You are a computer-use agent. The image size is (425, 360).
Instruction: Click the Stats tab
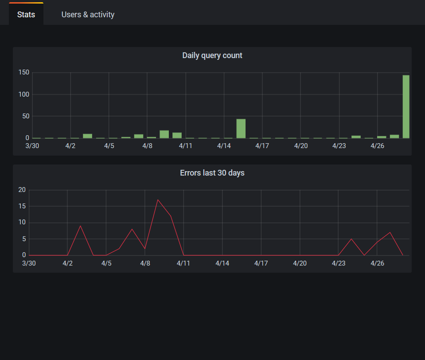[26, 15]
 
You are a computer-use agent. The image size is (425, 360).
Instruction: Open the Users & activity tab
[88, 15]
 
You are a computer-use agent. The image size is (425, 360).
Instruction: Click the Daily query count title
[212, 55]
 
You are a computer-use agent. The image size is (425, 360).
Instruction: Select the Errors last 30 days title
[212, 173]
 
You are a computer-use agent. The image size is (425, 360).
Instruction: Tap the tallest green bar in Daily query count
[406, 107]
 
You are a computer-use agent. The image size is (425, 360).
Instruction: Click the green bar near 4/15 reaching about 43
[241, 129]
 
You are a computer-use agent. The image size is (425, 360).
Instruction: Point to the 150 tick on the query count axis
[23, 73]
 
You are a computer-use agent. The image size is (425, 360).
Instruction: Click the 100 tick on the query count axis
[23, 94]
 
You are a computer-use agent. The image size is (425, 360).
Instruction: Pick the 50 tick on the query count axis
[25, 116]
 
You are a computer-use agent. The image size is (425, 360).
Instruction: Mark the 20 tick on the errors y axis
[22, 190]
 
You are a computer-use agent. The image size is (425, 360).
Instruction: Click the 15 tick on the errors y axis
[22, 207]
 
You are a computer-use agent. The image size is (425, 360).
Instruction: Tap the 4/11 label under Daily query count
[186, 145]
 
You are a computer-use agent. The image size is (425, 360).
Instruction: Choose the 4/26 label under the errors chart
[377, 263]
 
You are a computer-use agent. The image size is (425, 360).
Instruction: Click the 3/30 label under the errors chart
[29, 263]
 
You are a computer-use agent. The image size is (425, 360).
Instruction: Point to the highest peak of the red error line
[158, 200]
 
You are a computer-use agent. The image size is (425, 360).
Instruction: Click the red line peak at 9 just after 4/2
[80, 226]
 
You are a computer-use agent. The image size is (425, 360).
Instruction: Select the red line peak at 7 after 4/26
[390, 232]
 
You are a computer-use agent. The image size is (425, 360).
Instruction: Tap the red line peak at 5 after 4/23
[351, 239]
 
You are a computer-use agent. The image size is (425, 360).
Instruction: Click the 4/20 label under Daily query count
[301, 145]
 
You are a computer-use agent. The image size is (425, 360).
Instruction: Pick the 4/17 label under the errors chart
[261, 263]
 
